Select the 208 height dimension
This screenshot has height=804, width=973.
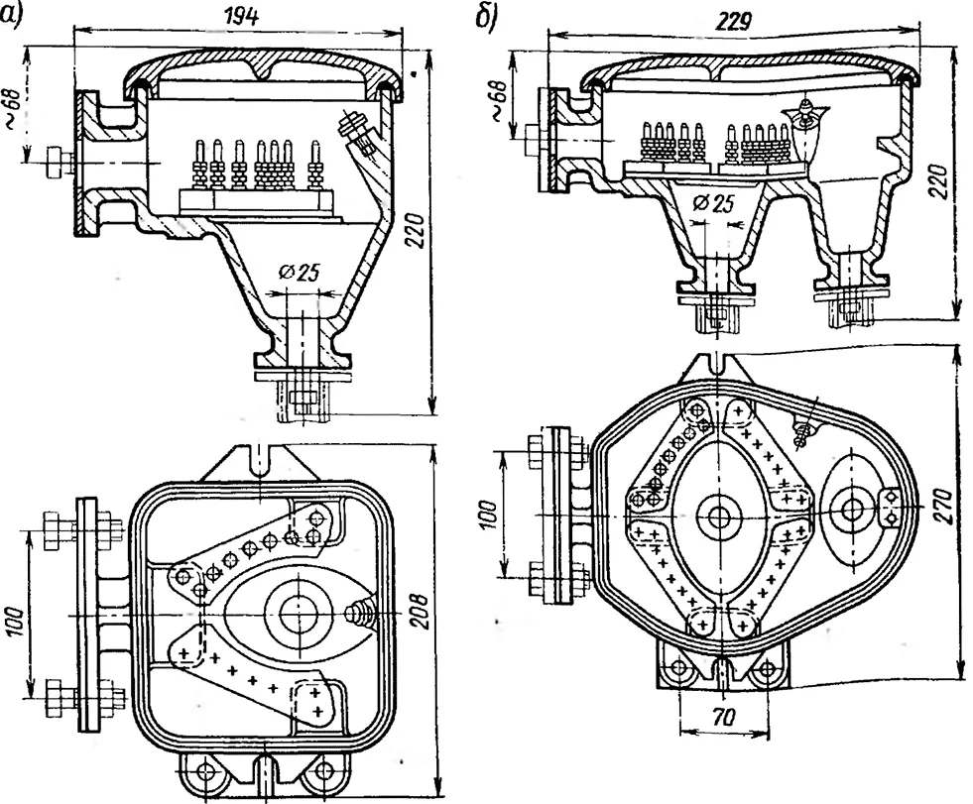[419, 611]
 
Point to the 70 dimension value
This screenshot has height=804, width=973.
[724, 718]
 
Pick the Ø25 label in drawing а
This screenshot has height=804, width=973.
[300, 272]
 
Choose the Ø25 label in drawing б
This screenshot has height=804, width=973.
[712, 203]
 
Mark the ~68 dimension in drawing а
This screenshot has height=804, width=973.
[15, 109]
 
